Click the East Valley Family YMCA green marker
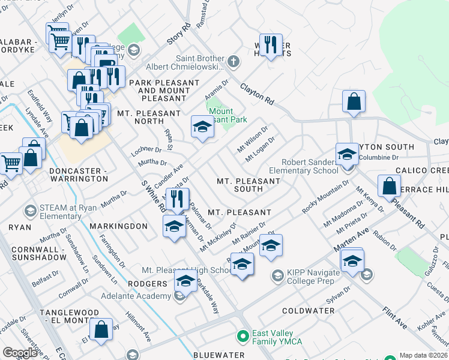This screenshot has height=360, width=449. [243, 335]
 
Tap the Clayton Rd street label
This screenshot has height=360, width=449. [258, 95]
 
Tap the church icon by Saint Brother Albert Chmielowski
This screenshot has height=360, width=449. [233, 62]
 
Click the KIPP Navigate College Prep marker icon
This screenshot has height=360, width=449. [277, 275]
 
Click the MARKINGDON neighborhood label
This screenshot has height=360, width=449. [118, 226]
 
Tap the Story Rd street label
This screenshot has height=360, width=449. [178, 34]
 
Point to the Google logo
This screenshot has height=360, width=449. [20, 353]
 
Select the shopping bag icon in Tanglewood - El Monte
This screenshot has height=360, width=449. [101, 328]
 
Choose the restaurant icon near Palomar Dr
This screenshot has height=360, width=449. [176, 199]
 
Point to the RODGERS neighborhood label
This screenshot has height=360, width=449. [146, 283]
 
